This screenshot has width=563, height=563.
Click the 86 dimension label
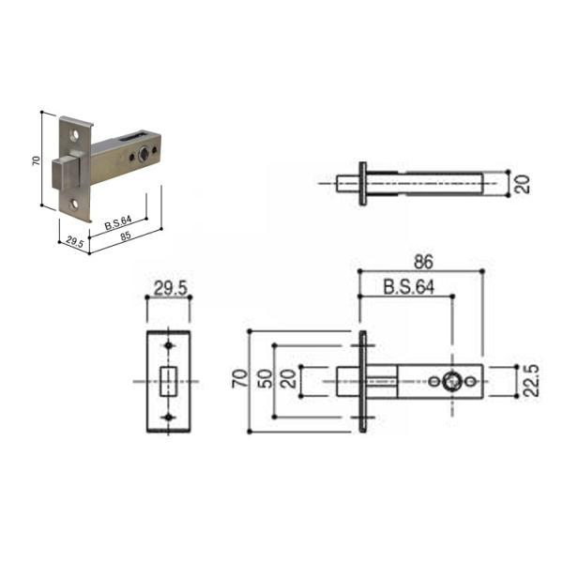(424, 262)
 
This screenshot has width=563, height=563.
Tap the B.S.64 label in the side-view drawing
(408, 287)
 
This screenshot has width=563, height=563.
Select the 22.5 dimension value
(531, 381)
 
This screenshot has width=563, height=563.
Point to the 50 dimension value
(266, 378)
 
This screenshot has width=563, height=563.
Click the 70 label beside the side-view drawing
(239, 378)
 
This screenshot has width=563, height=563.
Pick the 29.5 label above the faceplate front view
(171, 288)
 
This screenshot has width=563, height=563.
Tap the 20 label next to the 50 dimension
(288, 379)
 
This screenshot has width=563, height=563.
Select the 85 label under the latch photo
(126, 236)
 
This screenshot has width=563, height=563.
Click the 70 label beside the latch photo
(37, 160)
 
